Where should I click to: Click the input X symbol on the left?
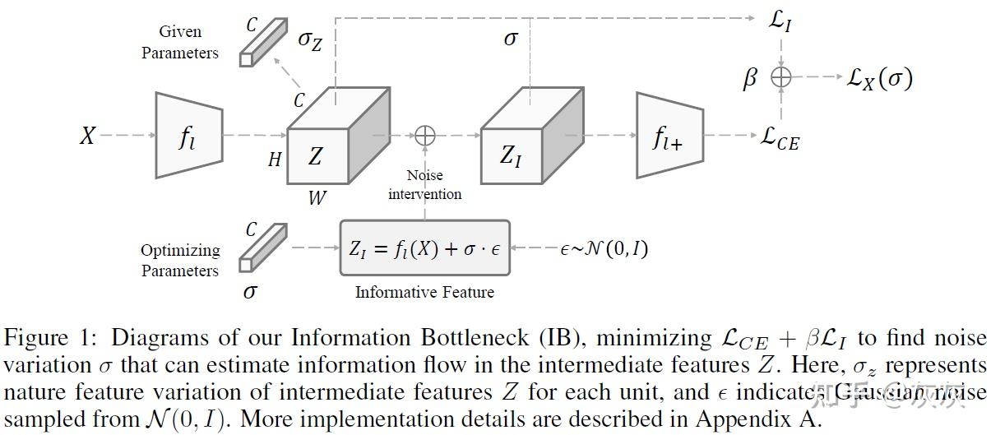click(88, 135)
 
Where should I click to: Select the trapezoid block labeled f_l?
click(189, 135)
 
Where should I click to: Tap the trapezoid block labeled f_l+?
click(668, 135)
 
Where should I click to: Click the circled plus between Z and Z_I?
click(425, 135)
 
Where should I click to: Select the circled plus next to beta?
click(780, 78)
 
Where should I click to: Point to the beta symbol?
click(749, 79)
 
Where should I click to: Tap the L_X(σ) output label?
click(879, 78)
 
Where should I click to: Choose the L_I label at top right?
click(780, 21)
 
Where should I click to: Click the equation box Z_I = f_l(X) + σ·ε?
click(424, 248)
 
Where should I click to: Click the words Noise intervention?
click(424, 185)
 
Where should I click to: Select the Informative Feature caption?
click(424, 292)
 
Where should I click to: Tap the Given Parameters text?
click(180, 42)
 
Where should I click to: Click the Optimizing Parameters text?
click(180, 261)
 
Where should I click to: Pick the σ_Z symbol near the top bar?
click(310, 40)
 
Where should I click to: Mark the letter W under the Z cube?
click(317, 197)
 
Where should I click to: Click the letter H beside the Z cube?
click(275, 160)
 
